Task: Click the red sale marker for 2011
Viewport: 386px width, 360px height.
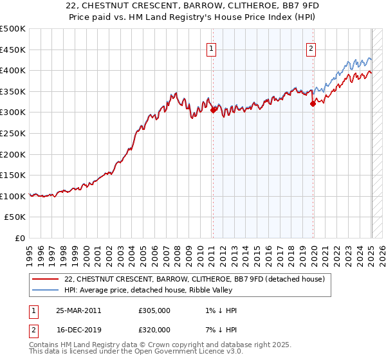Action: pyautogui.click(x=213, y=110)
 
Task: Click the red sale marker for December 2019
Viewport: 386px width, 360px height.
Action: pyautogui.click(x=313, y=103)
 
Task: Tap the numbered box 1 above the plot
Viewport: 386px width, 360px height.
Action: pyautogui.click(x=212, y=47)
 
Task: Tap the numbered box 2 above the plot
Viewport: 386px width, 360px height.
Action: pyautogui.click(x=311, y=47)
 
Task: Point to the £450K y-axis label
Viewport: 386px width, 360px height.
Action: pyautogui.click(x=13, y=50)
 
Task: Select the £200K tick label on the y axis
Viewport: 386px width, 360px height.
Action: pyautogui.click(x=13, y=154)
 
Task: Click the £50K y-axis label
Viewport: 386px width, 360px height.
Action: pyautogui.click(x=15, y=217)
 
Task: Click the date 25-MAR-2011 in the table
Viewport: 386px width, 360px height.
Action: pyautogui.click(x=78, y=310)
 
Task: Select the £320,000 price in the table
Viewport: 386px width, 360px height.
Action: pyautogui.click(x=154, y=330)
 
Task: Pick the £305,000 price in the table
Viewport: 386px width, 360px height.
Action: pyautogui.click(x=154, y=310)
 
